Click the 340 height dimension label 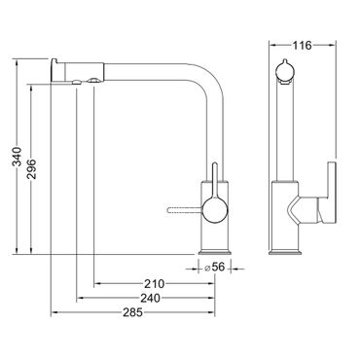[x=17, y=157]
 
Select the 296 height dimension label [x=31, y=168]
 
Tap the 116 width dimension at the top [x=302, y=46]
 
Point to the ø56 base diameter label [x=214, y=268]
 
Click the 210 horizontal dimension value [x=155, y=284]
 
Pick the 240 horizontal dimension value [x=150, y=298]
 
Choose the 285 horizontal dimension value [x=132, y=312]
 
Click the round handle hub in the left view [x=215, y=210]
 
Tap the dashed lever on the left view [x=185, y=210]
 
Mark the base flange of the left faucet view [x=214, y=252]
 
